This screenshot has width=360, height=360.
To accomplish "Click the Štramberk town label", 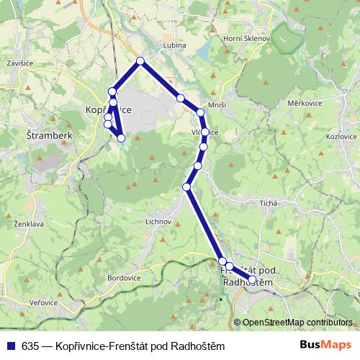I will point(46,135).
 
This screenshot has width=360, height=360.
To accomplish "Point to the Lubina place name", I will point(175,45).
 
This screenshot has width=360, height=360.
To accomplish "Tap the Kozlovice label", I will point(341,135).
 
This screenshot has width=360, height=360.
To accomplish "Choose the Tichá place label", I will point(270,204).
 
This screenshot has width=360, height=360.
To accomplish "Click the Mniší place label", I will point(217,105).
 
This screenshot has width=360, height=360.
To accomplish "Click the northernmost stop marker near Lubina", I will point(140,61).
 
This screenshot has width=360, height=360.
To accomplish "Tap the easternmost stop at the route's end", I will point(252,279).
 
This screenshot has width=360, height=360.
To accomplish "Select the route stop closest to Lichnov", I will point(187,187).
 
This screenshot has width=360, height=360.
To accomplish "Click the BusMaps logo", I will point(325,346).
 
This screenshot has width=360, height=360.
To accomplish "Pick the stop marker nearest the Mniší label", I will point(201,112).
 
